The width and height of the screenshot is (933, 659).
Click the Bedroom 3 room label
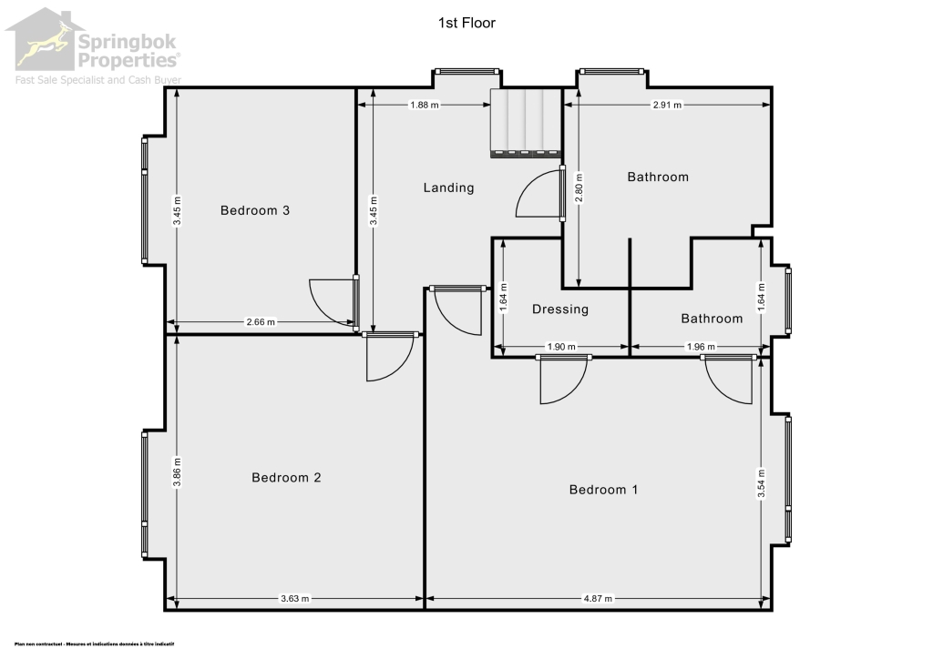click(255, 211)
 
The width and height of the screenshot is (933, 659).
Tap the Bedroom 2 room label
click(286, 478)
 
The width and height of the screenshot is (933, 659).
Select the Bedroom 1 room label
click(603, 490)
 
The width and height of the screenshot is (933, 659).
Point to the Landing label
click(449, 188)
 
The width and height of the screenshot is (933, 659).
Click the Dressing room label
click(560, 309)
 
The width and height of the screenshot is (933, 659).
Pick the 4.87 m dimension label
click(597, 599)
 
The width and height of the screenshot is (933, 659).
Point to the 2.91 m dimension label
click(668, 106)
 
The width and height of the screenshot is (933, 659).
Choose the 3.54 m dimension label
click(762, 483)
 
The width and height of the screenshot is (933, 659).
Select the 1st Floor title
click(466, 23)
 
